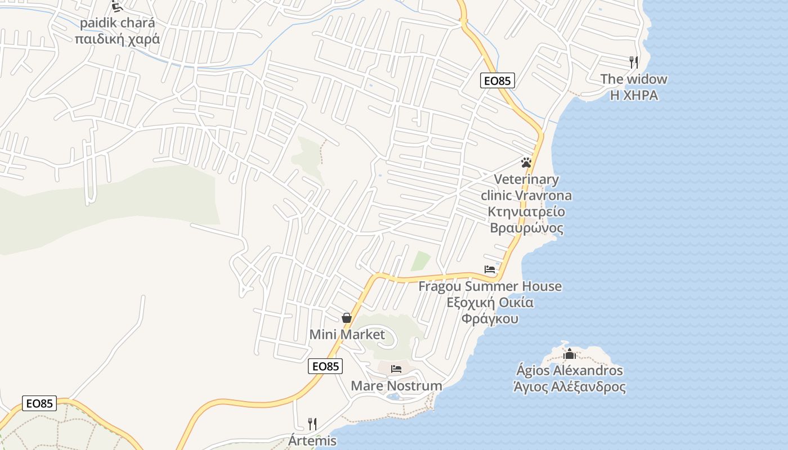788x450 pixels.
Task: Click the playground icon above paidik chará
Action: click(x=117, y=6)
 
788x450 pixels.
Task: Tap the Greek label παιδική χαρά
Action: click(x=117, y=39)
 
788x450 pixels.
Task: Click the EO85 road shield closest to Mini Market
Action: click(x=325, y=366)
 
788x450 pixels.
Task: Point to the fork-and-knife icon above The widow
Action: click(x=634, y=62)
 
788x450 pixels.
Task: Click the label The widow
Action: click(x=634, y=79)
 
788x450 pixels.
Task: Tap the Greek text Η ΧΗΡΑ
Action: click(x=634, y=95)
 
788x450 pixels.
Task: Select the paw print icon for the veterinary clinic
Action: click(x=526, y=163)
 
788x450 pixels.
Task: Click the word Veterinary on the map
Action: click(x=526, y=179)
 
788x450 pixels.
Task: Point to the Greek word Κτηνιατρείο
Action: click(x=526, y=212)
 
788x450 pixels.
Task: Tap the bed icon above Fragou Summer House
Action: click(x=490, y=269)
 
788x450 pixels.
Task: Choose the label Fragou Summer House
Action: click(x=490, y=286)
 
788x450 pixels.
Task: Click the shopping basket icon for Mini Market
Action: click(x=347, y=318)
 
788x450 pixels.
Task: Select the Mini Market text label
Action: click(x=347, y=335)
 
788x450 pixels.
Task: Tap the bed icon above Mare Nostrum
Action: click(x=396, y=369)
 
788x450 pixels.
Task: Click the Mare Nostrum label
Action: click(x=396, y=386)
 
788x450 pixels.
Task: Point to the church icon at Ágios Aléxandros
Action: click(x=570, y=354)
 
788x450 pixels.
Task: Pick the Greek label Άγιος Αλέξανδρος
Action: click(x=570, y=387)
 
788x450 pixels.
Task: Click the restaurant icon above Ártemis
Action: click(x=312, y=424)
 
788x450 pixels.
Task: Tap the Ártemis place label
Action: click(x=312, y=440)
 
